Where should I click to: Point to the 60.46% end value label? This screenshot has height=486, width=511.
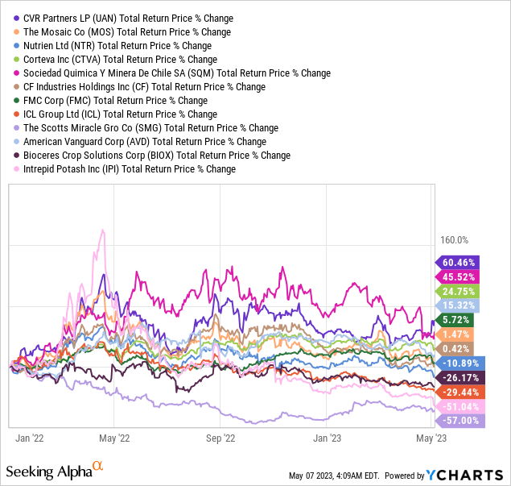(459, 262)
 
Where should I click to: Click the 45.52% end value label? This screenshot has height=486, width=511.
(459, 276)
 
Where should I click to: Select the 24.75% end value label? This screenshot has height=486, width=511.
(459, 291)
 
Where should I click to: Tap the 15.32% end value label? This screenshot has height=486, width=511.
(459, 305)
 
